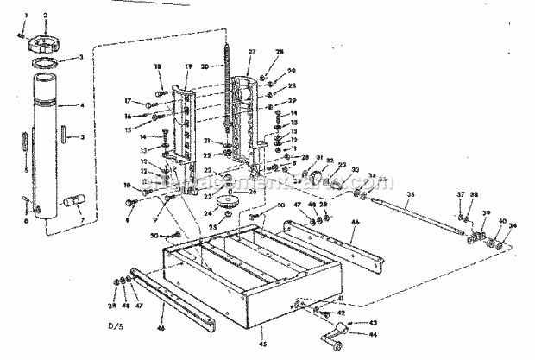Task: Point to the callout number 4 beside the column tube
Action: (x=81, y=105)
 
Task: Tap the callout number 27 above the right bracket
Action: (x=252, y=53)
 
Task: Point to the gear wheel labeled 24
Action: (x=230, y=205)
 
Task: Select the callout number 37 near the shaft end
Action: (x=461, y=218)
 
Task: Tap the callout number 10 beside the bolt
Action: (x=127, y=186)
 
